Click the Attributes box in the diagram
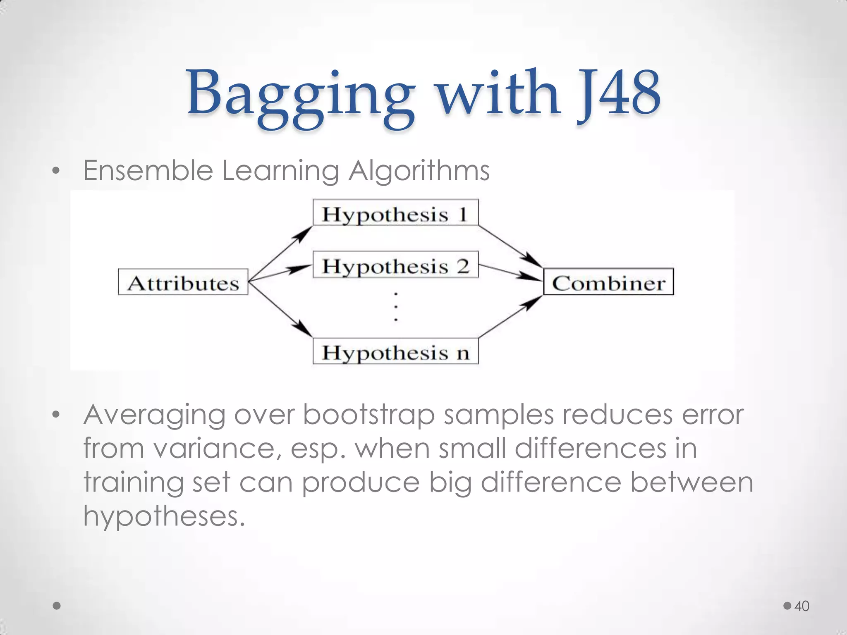click(183, 282)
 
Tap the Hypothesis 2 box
click(395, 265)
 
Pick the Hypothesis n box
click(395, 351)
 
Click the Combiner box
click(608, 282)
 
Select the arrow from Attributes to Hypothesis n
click(280, 308)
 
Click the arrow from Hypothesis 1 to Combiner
click(510, 246)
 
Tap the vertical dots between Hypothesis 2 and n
click(396, 306)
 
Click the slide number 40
click(802, 606)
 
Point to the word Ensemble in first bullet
click(148, 170)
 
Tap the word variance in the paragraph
click(213, 449)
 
